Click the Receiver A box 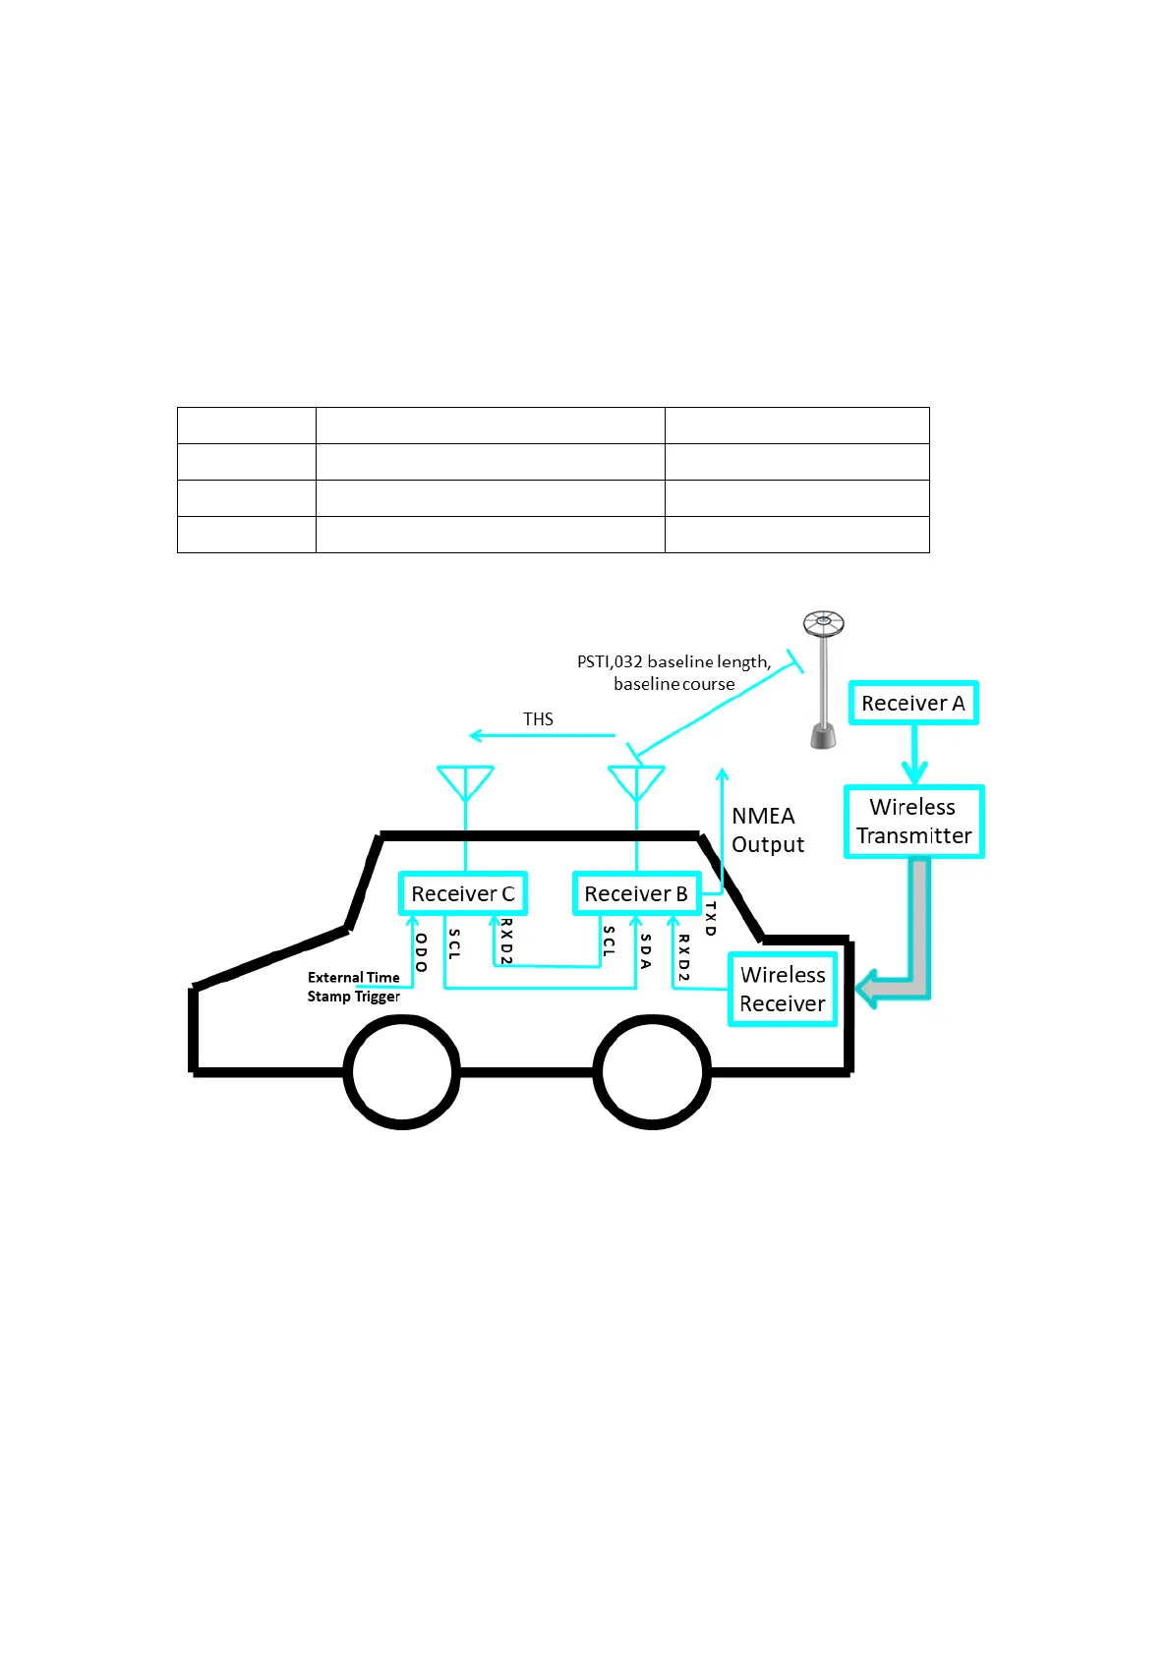913,703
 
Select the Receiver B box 636,893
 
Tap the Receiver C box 463,893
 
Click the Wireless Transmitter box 913,822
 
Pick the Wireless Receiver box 783,989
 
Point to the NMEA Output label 767,830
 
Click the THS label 538,719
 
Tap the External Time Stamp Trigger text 354,987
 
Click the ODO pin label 421,952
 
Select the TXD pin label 710,918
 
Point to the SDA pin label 645,950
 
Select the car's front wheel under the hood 402,1072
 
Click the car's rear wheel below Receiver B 652,1072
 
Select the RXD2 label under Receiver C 506,942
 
